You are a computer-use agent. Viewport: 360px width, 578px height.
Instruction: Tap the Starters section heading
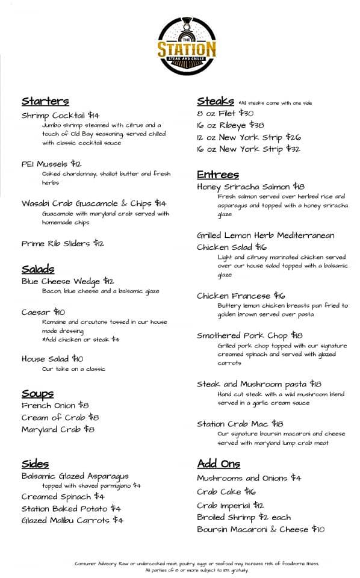click(x=45, y=101)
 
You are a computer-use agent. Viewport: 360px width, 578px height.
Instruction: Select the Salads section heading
click(x=38, y=269)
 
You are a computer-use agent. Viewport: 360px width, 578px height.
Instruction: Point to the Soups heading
click(x=37, y=394)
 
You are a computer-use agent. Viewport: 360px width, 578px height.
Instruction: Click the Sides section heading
click(x=35, y=464)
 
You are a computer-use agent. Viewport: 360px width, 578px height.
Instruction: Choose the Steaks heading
click(x=215, y=101)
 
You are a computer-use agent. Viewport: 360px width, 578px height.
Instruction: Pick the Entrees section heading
click(x=217, y=175)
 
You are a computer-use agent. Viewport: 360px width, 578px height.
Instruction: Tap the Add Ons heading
click(x=219, y=464)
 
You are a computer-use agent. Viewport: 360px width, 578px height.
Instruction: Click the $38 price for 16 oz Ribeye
click(x=256, y=125)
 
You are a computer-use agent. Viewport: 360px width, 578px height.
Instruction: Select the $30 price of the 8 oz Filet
click(x=246, y=113)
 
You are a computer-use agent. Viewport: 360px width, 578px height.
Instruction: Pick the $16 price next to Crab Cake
click(x=250, y=492)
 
